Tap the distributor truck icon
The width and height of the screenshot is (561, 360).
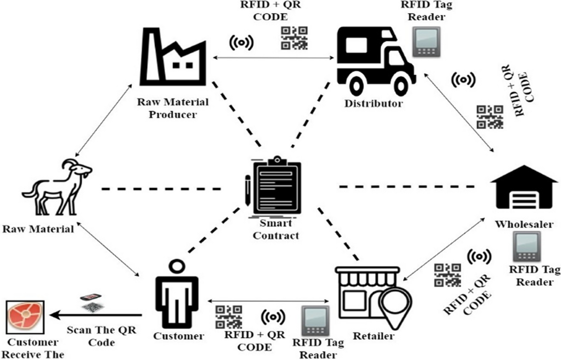pyautogui.click(x=374, y=56)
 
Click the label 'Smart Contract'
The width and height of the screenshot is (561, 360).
pyautogui.click(x=275, y=230)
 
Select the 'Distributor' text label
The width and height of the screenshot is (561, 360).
pyautogui.click(x=373, y=103)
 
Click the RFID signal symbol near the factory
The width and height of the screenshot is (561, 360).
pyautogui.click(x=241, y=43)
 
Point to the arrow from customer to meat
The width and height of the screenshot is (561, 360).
pyautogui.click(x=93, y=316)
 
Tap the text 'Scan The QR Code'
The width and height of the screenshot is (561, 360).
pyautogui.click(x=101, y=337)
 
